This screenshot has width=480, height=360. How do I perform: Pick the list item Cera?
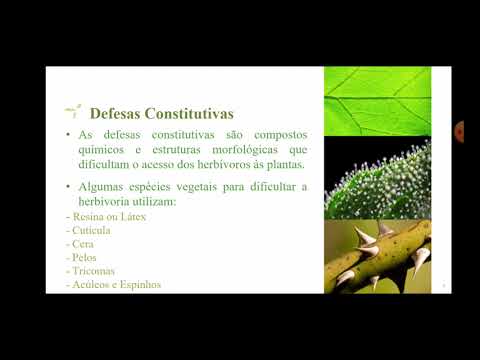click(83, 244)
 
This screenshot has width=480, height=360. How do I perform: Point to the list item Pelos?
click(85, 257)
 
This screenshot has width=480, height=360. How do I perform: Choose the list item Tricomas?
click(92, 271)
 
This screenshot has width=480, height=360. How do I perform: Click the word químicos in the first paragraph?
click(105, 150)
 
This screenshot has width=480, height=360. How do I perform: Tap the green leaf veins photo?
click(377, 101)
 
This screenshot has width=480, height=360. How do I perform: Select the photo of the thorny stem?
click(377, 257)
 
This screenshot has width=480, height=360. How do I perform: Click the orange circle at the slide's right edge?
click(460, 131)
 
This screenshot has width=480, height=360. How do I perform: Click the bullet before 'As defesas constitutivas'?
click(68, 135)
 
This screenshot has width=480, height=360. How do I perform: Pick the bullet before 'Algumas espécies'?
click(68, 187)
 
